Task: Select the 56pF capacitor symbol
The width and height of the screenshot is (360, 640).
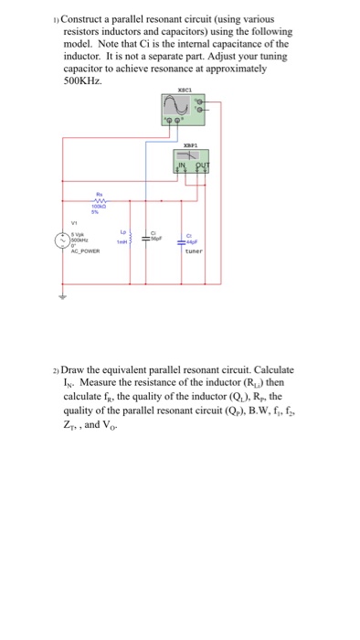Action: pyautogui.click(x=155, y=240)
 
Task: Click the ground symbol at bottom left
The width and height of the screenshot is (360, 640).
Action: pyautogui.click(x=63, y=297)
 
